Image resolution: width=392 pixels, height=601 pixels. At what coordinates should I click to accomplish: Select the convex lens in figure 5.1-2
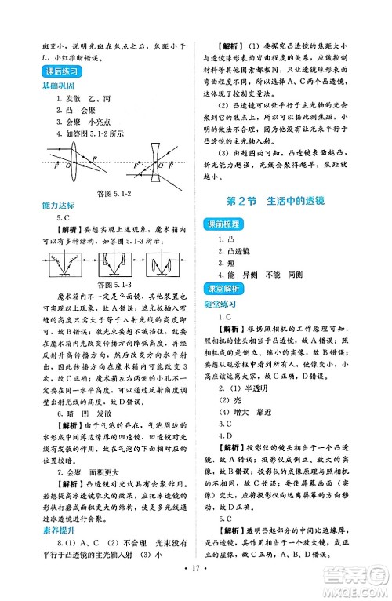click(68, 166)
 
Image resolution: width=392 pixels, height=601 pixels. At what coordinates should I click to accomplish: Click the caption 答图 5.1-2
click(111, 193)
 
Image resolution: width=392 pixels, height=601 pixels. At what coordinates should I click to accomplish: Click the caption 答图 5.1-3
click(111, 283)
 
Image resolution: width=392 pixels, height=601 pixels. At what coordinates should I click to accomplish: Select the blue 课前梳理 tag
click(227, 224)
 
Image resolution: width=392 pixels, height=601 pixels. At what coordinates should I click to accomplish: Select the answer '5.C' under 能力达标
click(66, 217)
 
